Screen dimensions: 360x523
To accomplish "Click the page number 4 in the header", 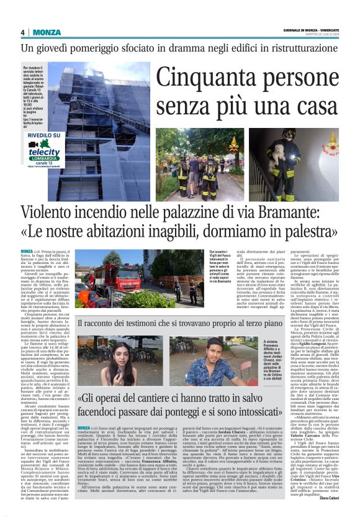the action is coord(22,32).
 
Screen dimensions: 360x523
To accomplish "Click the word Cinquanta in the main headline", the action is coord(199,77).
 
